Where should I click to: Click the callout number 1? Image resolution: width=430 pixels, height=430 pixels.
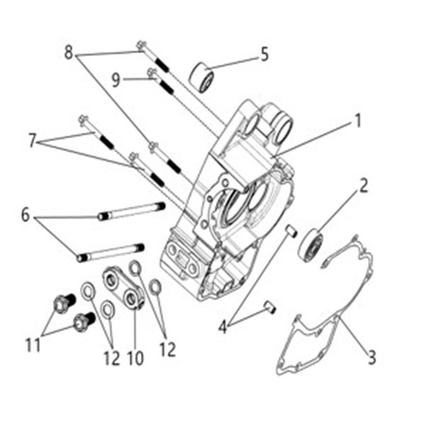click(x=358, y=121)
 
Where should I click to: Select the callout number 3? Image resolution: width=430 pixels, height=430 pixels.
click(x=372, y=357)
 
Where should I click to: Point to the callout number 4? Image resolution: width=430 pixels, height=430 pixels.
click(x=223, y=327)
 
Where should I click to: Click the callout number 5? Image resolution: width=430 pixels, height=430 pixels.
click(x=264, y=54)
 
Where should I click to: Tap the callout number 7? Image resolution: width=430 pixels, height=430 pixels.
click(x=33, y=141)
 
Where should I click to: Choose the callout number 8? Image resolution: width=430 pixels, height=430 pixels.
click(x=68, y=52)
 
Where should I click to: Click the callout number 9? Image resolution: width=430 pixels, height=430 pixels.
click(x=116, y=80)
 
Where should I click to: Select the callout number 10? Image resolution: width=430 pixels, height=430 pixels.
click(x=135, y=358)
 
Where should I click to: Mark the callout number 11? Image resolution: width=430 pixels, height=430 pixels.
click(x=33, y=344)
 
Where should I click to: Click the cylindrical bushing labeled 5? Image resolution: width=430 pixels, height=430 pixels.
click(x=201, y=77)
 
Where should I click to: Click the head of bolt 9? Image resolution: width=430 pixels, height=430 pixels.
click(x=151, y=74)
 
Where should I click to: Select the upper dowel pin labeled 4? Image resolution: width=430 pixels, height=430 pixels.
click(x=291, y=231)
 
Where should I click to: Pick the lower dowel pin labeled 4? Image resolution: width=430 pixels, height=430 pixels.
click(x=270, y=307)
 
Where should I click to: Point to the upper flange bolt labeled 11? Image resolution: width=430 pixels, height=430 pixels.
click(x=64, y=303)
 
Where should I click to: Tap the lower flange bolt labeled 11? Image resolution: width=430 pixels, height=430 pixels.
click(x=84, y=322)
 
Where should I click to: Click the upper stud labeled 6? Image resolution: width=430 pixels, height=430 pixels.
click(x=131, y=211)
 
